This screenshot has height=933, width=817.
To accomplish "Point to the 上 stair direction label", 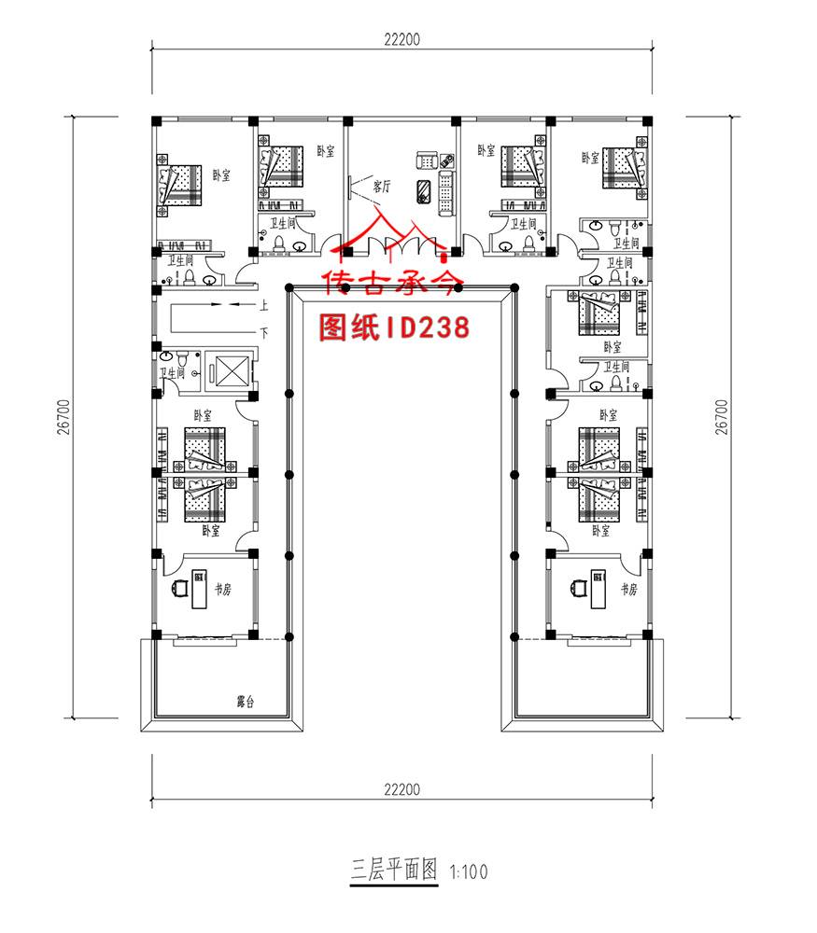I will click(264, 305).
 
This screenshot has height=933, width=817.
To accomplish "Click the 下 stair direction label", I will click(264, 331).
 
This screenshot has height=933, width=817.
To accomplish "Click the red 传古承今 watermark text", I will click(392, 283).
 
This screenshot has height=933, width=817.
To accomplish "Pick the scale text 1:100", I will click(469, 873).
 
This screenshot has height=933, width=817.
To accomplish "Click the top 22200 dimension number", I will click(401, 39).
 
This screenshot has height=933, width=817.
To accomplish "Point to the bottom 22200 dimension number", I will click(401, 789).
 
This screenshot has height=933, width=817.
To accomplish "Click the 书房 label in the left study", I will click(223, 590).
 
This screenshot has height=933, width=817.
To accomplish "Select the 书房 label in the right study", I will click(628, 590).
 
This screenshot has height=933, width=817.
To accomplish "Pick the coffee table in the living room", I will click(424, 189).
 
